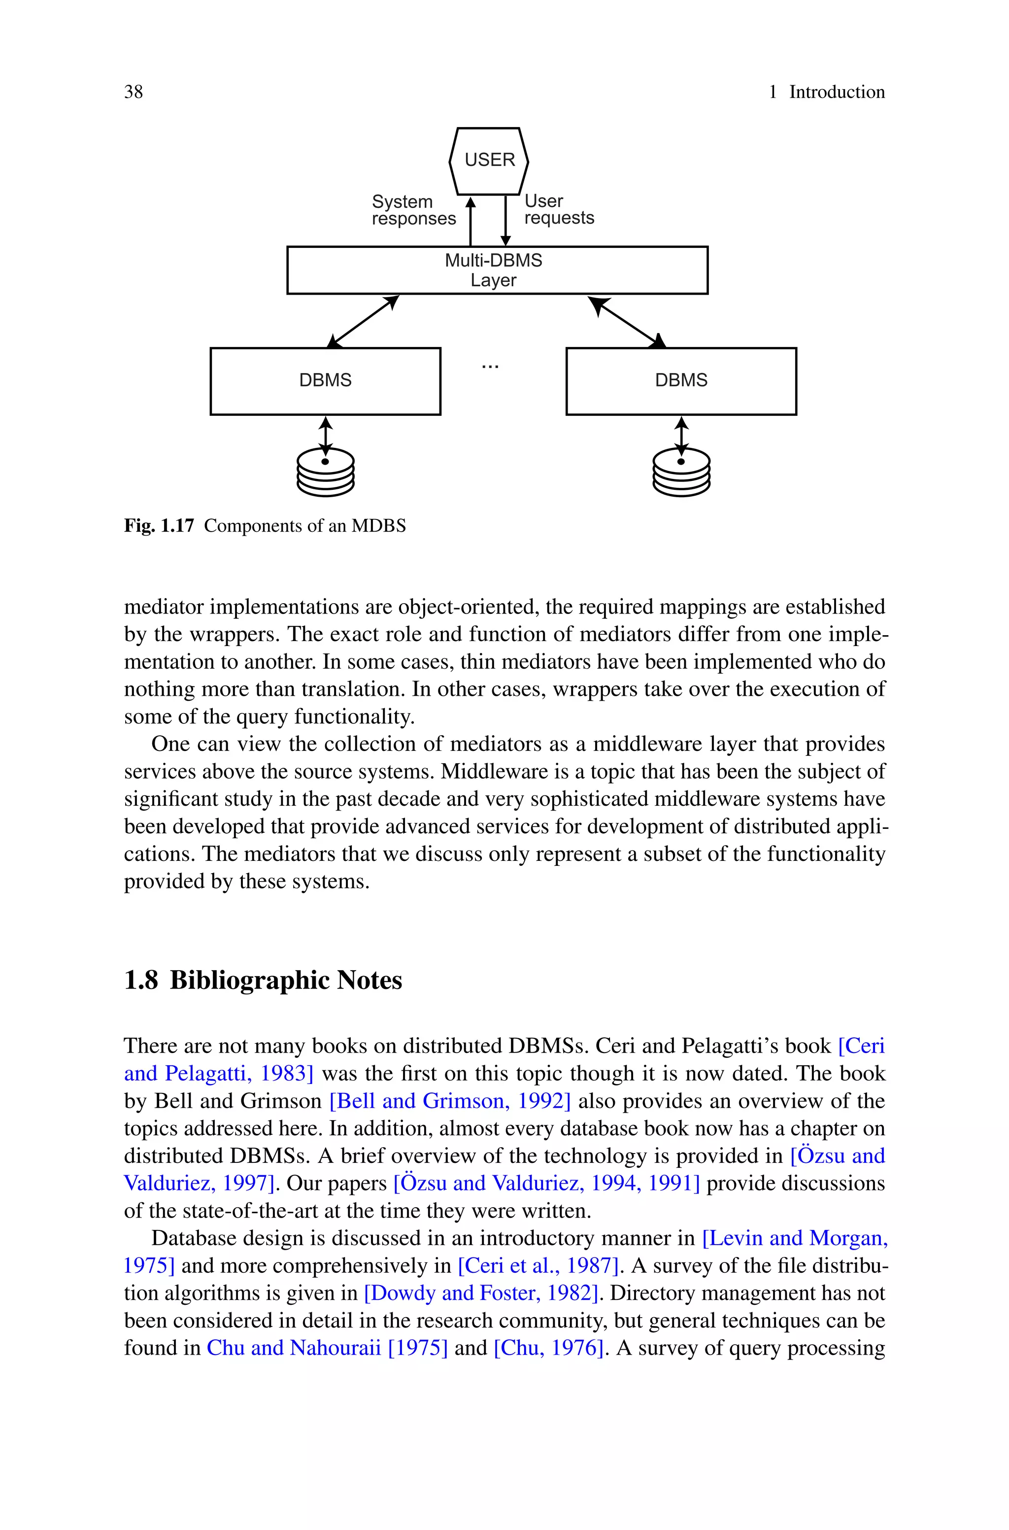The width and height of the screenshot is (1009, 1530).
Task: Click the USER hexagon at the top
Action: click(489, 161)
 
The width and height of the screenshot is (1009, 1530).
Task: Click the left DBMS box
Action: click(325, 381)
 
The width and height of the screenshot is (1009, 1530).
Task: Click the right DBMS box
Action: click(681, 381)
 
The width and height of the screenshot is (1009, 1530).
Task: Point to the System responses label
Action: click(413, 210)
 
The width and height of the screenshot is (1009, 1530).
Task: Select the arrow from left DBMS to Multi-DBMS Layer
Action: click(364, 321)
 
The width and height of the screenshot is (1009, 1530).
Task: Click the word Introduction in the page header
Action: click(837, 92)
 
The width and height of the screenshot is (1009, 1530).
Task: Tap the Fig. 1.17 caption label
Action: click(159, 526)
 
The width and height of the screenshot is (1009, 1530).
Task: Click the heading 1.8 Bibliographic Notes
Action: click(263, 980)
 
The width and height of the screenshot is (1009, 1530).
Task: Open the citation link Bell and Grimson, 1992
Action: click(450, 1101)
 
